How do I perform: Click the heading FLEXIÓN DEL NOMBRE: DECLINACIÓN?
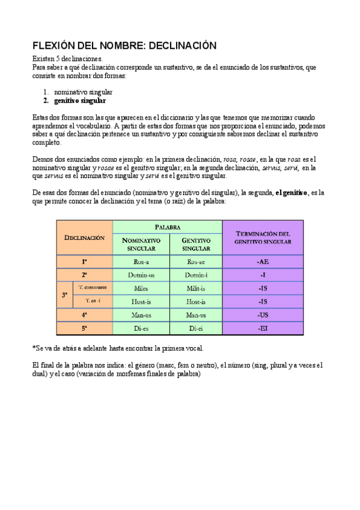tap(123, 46)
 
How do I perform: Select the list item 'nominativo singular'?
tap(83, 92)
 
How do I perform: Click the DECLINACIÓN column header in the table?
tap(84, 238)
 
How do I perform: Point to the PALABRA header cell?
tap(167, 227)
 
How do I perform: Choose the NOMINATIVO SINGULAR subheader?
tap(141, 244)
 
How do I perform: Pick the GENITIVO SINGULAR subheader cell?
tap(196, 244)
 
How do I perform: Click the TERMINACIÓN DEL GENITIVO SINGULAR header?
tap(263, 238)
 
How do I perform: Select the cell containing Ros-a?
tap(141, 262)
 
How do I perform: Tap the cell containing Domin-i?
tap(196, 275)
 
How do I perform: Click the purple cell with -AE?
tap(263, 262)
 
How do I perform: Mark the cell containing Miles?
tap(141, 288)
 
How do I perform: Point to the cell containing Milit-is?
tap(196, 288)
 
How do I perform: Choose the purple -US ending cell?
tap(263, 315)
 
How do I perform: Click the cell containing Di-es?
tap(141, 328)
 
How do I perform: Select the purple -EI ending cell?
tap(263, 328)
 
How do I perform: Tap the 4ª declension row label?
tap(84, 315)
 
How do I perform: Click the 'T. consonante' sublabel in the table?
tap(92, 287)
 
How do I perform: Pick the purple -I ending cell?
tap(263, 275)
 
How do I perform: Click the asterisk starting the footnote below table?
tap(33, 348)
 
